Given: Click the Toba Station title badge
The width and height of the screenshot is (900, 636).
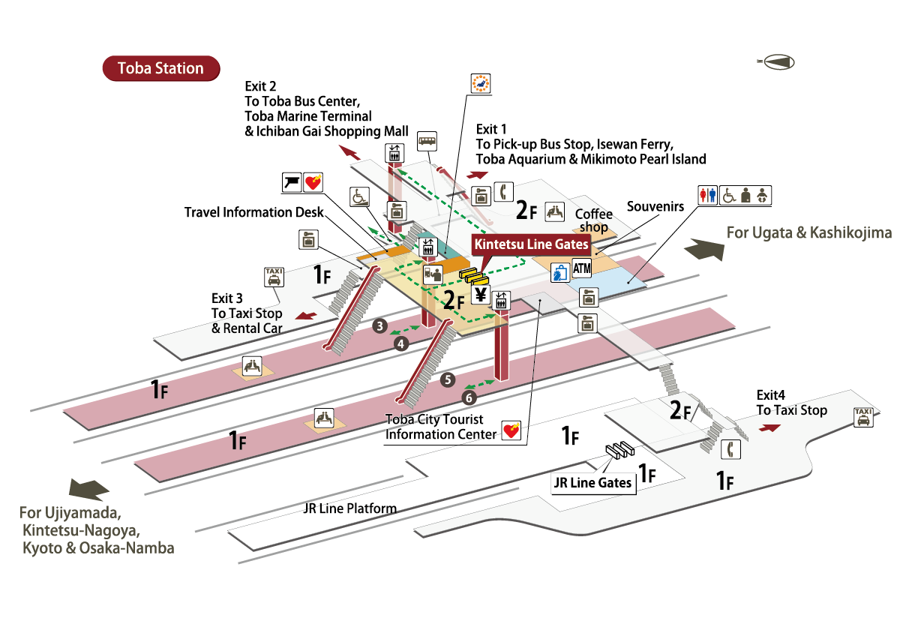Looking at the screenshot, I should pyautogui.click(x=160, y=68).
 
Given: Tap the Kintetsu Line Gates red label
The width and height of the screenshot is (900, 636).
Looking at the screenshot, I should pyautogui.click(x=529, y=244).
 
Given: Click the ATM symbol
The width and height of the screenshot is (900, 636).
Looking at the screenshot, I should pyautogui.click(x=582, y=267).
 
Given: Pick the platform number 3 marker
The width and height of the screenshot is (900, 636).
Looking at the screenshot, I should pyautogui.click(x=380, y=325).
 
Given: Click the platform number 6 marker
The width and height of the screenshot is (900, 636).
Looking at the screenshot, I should pyautogui.click(x=469, y=397).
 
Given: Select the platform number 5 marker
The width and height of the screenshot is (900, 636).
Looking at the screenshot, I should pyautogui.click(x=448, y=379).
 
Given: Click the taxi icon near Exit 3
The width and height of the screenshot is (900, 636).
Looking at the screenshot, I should pyautogui.click(x=274, y=277).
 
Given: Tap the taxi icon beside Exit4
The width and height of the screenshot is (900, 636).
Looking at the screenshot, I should pyautogui.click(x=863, y=417).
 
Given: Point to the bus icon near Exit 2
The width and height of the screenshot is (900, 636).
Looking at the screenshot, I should pyautogui.click(x=427, y=140).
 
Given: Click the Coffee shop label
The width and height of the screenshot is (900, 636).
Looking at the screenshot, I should pyautogui.click(x=593, y=220).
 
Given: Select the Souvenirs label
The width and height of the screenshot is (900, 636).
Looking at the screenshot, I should pyautogui.click(x=655, y=205).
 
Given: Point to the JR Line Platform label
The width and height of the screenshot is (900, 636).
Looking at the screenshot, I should pyautogui.click(x=349, y=508).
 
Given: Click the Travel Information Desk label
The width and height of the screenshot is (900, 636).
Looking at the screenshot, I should pyautogui.click(x=254, y=212).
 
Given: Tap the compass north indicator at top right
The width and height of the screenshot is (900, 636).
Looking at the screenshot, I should pyautogui.click(x=777, y=63).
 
